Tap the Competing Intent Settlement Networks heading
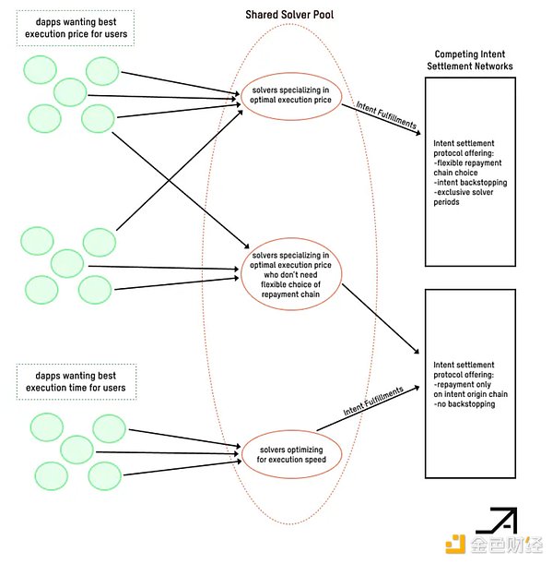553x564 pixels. coord(474,60)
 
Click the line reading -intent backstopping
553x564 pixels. coord(469,183)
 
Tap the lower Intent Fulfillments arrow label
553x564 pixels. coord(372,402)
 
